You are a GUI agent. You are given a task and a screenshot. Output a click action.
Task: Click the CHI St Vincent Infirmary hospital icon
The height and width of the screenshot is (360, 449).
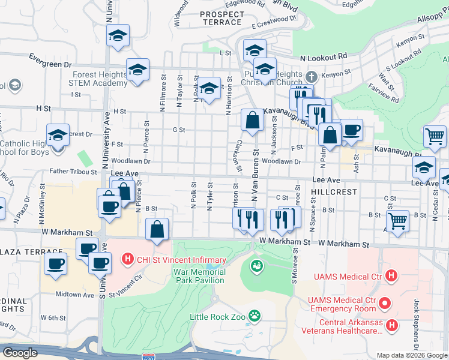(x=127, y=260)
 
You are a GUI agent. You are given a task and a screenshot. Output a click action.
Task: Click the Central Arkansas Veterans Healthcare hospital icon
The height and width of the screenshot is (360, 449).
(x=391, y=325)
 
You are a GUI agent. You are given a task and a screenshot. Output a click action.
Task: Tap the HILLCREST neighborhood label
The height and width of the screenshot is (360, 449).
(x=334, y=192)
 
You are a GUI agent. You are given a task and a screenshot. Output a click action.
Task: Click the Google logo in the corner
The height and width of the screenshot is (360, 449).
(x=20, y=353)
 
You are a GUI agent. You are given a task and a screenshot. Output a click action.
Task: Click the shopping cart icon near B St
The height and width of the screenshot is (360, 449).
(x=397, y=221)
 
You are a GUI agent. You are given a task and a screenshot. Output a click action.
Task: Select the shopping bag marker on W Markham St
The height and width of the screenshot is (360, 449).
(x=157, y=229)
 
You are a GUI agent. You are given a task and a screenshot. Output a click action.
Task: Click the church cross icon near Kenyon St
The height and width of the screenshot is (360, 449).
(x=311, y=77)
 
